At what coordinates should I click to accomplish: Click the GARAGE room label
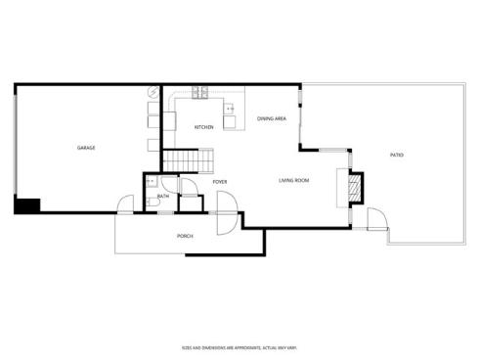(86, 148)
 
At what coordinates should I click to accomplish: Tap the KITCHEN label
(204, 127)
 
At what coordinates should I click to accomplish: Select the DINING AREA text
(271, 118)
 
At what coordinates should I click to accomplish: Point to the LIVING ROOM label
(294, 180)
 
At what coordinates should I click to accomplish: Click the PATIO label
(397, 155)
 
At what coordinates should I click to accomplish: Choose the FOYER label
(220, 181)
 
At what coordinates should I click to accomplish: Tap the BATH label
(163, 196)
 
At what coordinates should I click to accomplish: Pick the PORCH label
(184, 236)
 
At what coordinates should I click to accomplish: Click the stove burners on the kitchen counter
(199, 94)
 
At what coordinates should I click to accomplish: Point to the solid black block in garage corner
(26, 205)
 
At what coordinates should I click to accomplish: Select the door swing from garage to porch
(126, 204)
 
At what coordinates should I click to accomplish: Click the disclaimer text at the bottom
(239, 346)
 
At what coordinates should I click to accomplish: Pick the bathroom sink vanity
(152, 181)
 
